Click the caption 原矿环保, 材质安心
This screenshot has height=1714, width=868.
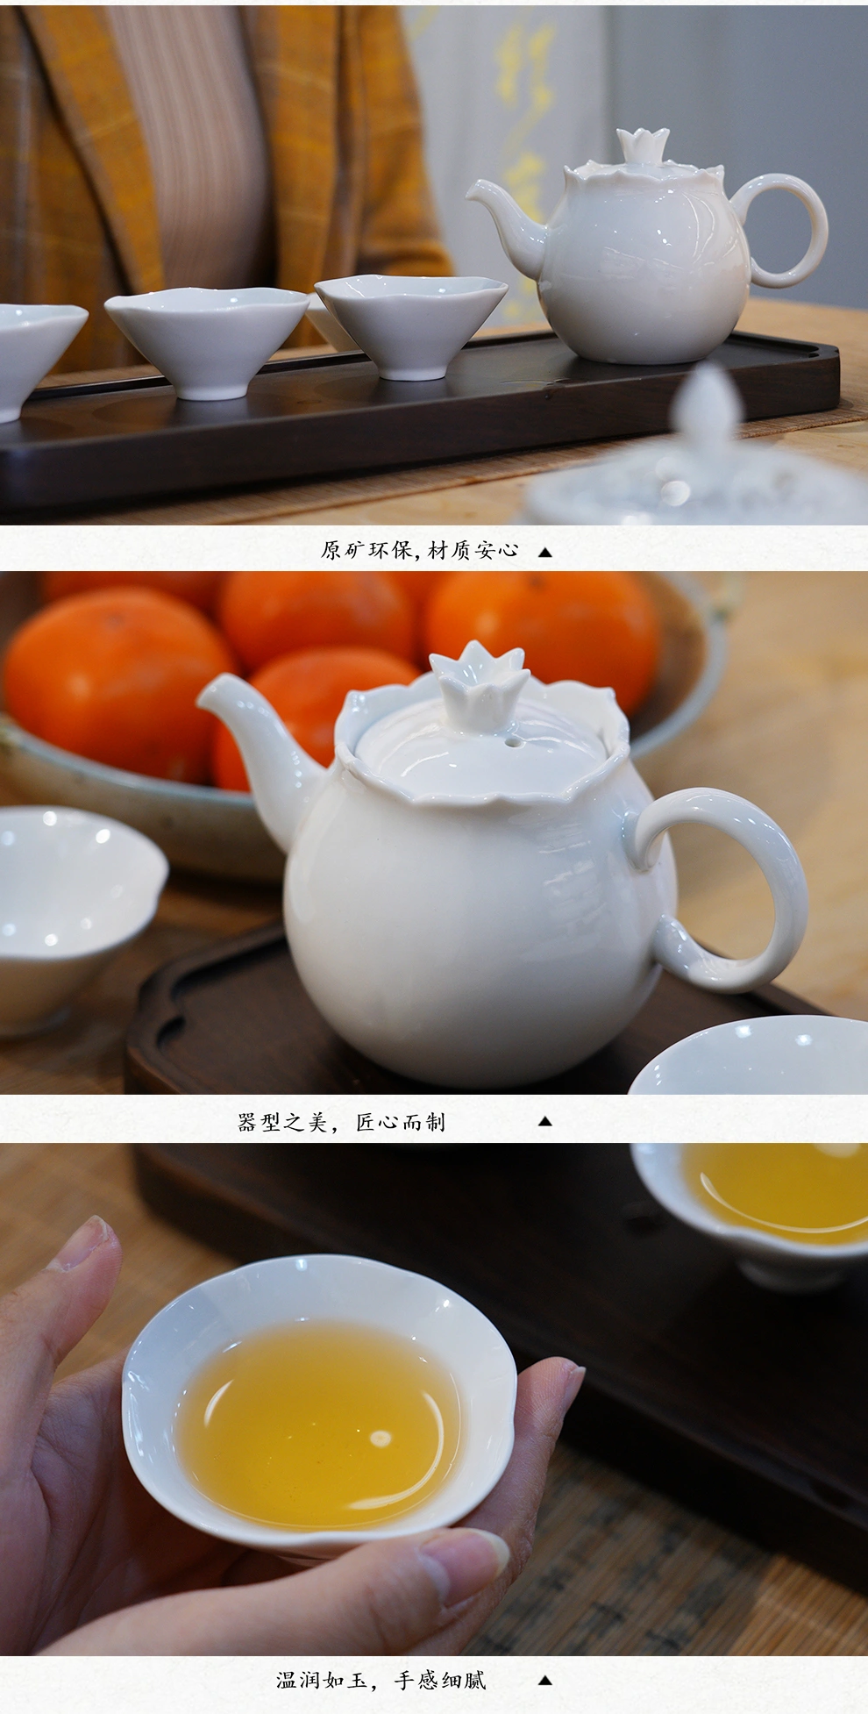[x=419, y=551]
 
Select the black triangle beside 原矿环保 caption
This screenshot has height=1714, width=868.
[x=544, y=553]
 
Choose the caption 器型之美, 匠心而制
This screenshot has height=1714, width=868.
[x=341, y=1122]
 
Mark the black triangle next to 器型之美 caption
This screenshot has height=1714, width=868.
[x=544, y=1121]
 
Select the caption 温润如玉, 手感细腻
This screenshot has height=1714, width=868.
[x=381, y=1680]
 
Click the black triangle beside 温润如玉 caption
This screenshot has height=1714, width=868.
[x=544, y=1680]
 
